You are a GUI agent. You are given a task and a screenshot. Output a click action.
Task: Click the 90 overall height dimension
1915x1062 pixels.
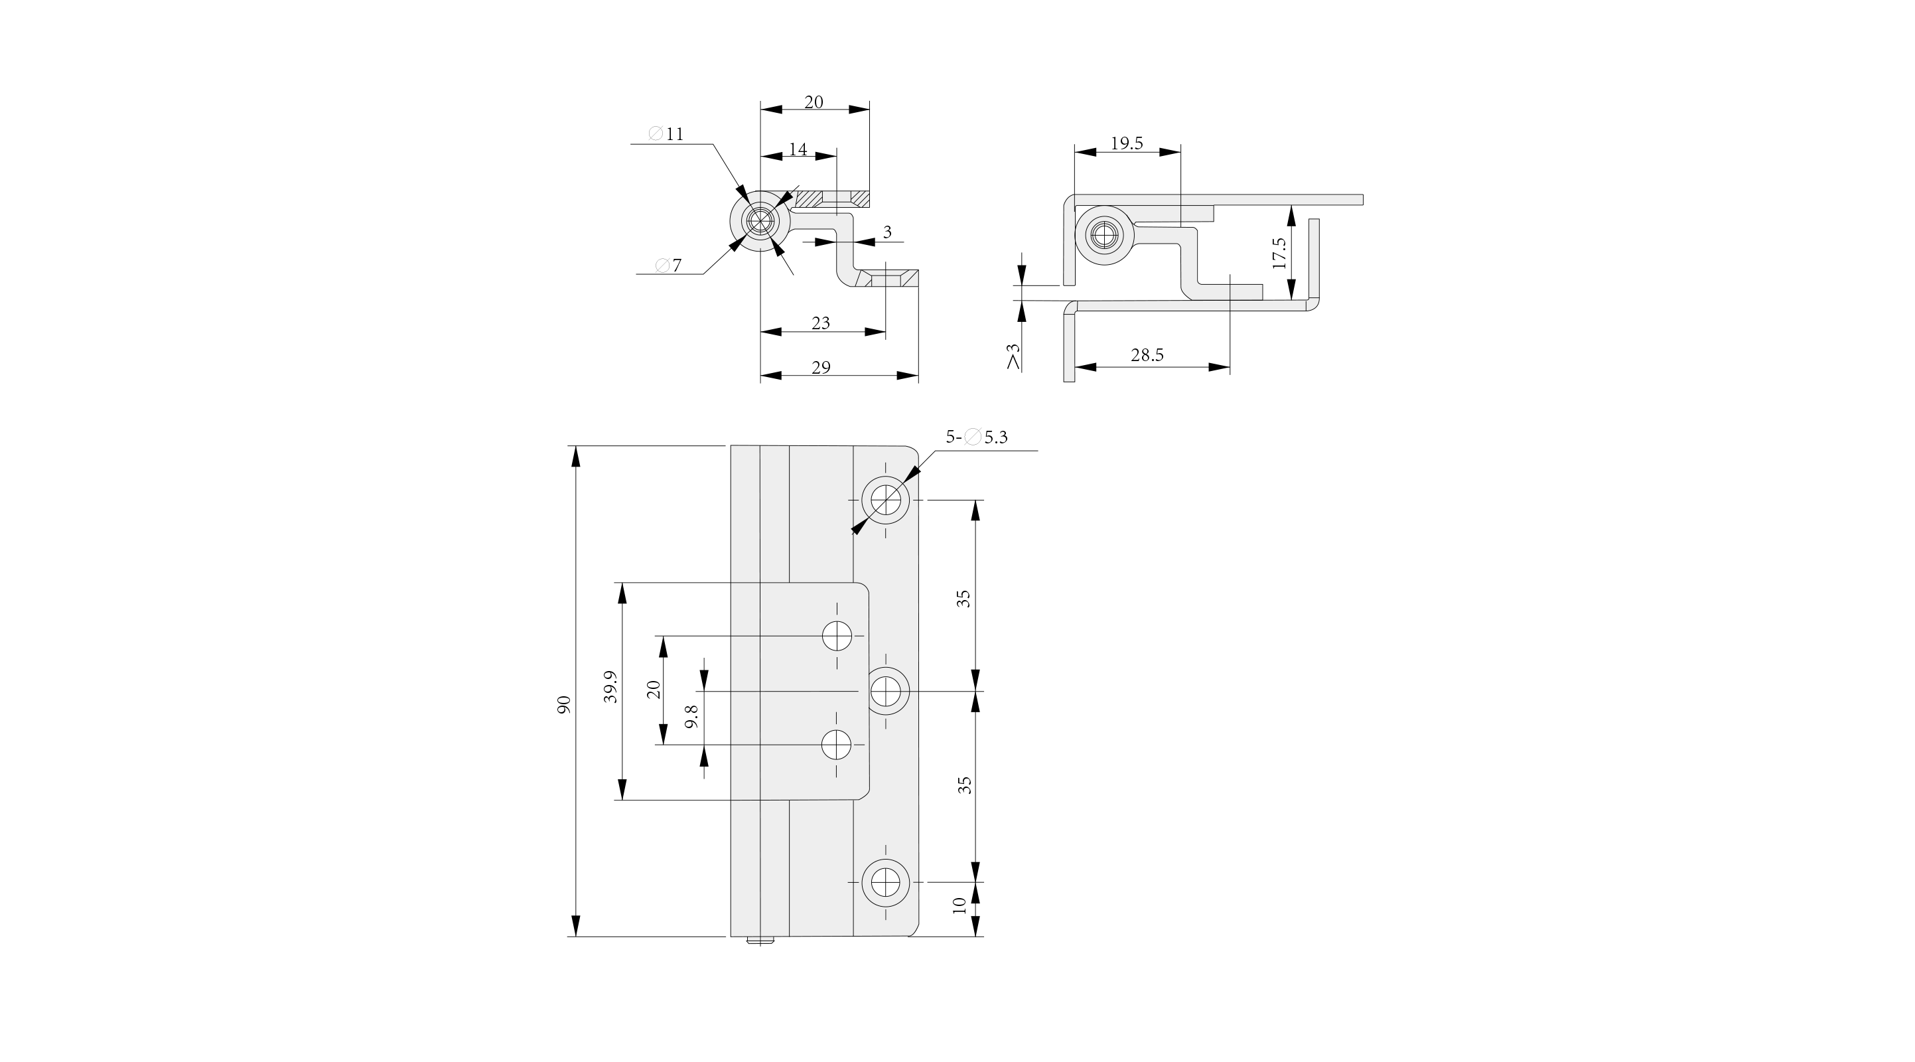click(x=563, y=705)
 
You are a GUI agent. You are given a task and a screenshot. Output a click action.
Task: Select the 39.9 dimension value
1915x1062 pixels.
click(x=610, y=686)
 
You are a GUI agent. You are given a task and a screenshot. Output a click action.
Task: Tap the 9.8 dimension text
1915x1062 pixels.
click(x=691, y=716)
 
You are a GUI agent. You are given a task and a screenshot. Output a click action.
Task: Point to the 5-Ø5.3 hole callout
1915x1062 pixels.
click(x=976, y=437)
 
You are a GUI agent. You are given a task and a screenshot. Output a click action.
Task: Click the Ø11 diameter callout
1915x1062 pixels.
click(x=666, y=134)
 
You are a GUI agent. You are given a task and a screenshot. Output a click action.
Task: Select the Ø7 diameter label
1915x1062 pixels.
click(x=668, y=265)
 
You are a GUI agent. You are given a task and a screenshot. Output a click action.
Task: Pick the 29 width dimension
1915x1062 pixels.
click(x=821, y=368)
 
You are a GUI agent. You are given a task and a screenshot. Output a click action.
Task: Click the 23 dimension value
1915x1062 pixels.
click(x=820, y=323)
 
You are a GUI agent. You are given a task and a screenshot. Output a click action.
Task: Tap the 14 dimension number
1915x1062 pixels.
click(x=798, y=149)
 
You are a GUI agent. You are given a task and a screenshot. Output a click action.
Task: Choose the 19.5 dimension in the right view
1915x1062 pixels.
click(x=1126, y=143)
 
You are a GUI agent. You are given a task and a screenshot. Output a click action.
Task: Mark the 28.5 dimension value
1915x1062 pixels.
click(x=1147, y=356)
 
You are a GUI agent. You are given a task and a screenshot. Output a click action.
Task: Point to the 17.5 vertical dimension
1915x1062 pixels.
click(x=1279, y=253)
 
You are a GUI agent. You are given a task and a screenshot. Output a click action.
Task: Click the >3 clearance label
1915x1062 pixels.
click(x=1013, y=356)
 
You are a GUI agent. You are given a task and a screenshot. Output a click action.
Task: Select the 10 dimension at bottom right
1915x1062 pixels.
click(x=959, y=905)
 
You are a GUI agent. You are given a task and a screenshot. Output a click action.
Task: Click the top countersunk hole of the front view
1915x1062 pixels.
click(x=885, y=499)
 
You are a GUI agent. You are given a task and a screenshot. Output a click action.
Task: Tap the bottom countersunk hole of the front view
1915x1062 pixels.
click(x=885, y=883)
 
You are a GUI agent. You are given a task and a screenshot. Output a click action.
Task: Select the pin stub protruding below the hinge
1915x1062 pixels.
click(x=760, y=941)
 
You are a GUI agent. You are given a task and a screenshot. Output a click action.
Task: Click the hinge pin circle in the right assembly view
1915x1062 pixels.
click(x=1104, y=235)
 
